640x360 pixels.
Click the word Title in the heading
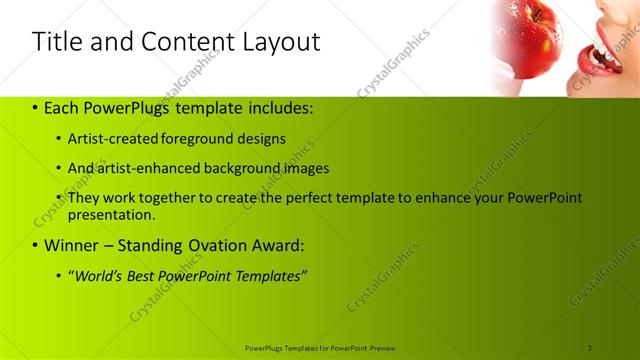tap(54, 42)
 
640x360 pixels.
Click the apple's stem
tap(536, 14)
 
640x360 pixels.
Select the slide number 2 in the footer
tap(590, 347)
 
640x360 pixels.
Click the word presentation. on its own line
tap(111, 214)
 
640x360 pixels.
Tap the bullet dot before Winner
tap(36, 245)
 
